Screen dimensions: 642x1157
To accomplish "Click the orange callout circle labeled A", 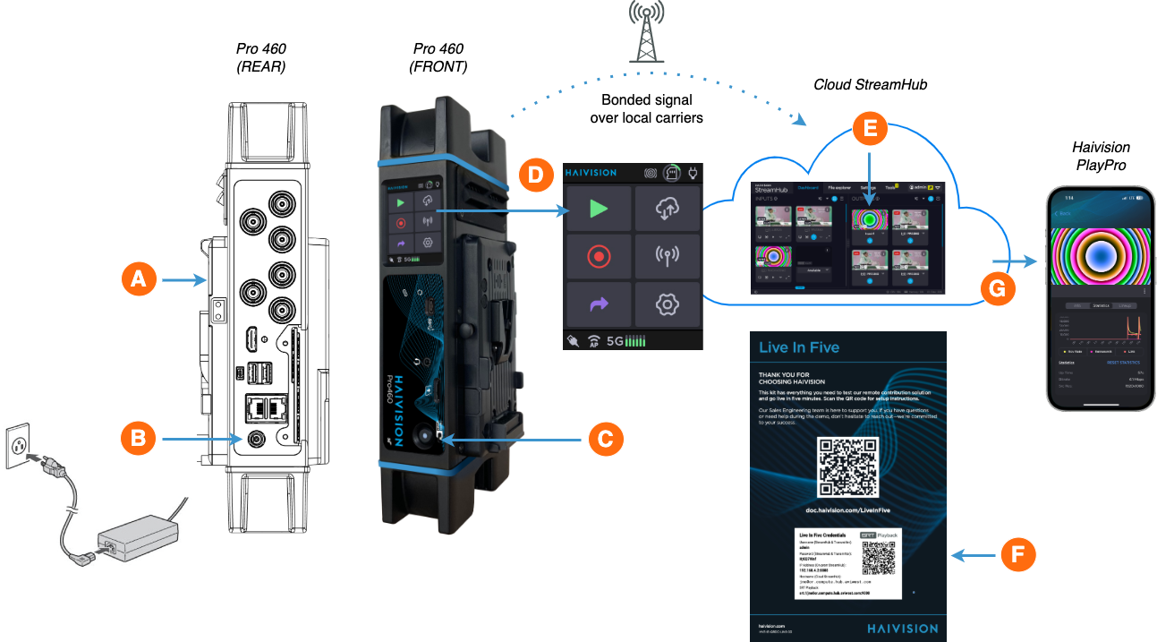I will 137,280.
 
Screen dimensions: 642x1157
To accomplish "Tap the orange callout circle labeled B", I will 137,439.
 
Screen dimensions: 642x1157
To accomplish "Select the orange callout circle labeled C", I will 604,439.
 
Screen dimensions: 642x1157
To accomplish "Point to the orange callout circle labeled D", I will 534,174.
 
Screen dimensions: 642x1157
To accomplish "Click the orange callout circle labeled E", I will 870,130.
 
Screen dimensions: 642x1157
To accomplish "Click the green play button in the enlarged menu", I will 599,209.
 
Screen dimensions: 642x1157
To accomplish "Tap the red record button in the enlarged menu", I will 599,257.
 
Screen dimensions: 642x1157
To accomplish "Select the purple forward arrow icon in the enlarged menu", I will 599,305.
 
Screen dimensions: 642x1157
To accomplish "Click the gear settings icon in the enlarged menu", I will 667,305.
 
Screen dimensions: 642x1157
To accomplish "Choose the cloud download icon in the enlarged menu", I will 667,209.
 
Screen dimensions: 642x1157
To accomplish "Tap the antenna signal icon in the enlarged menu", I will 667,257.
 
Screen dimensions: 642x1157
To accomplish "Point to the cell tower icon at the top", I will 646,32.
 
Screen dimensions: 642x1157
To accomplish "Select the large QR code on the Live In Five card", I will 848,468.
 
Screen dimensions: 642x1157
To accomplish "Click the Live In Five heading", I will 799,347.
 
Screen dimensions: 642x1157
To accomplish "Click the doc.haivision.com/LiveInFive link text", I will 848,509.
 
